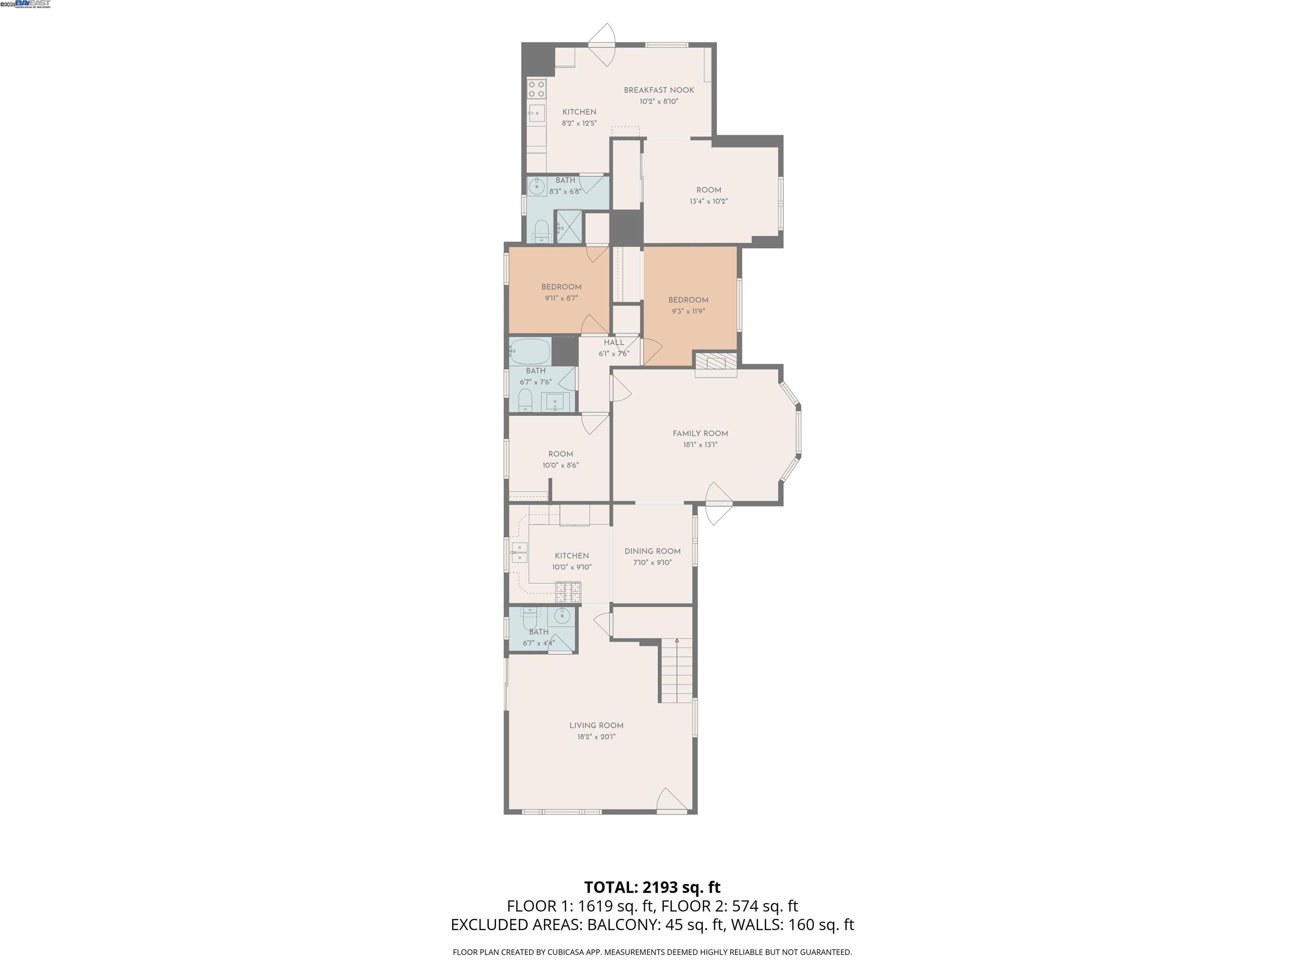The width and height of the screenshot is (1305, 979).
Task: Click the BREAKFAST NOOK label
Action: point(658,90)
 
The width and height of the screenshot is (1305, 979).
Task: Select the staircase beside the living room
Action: point(676,672)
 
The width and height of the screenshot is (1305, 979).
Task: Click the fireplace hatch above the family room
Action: point(716,364)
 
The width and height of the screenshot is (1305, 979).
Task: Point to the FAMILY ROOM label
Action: point(700,433)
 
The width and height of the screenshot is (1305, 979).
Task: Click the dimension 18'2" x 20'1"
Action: point(596,736)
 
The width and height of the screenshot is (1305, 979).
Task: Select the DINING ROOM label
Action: point(652,551)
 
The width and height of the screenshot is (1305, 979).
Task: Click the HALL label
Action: point(613,342)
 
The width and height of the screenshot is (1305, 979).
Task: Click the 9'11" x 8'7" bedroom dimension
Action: point(561,298)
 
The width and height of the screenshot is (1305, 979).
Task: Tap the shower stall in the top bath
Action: point(569,226)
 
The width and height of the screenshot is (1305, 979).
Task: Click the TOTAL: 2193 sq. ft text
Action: point(652,887)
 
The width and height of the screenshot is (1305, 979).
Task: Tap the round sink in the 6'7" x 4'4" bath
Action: point(561,617)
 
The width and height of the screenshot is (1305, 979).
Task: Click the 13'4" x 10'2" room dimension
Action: point(708,201)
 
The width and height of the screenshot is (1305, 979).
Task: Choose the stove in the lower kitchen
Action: point(568,591)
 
